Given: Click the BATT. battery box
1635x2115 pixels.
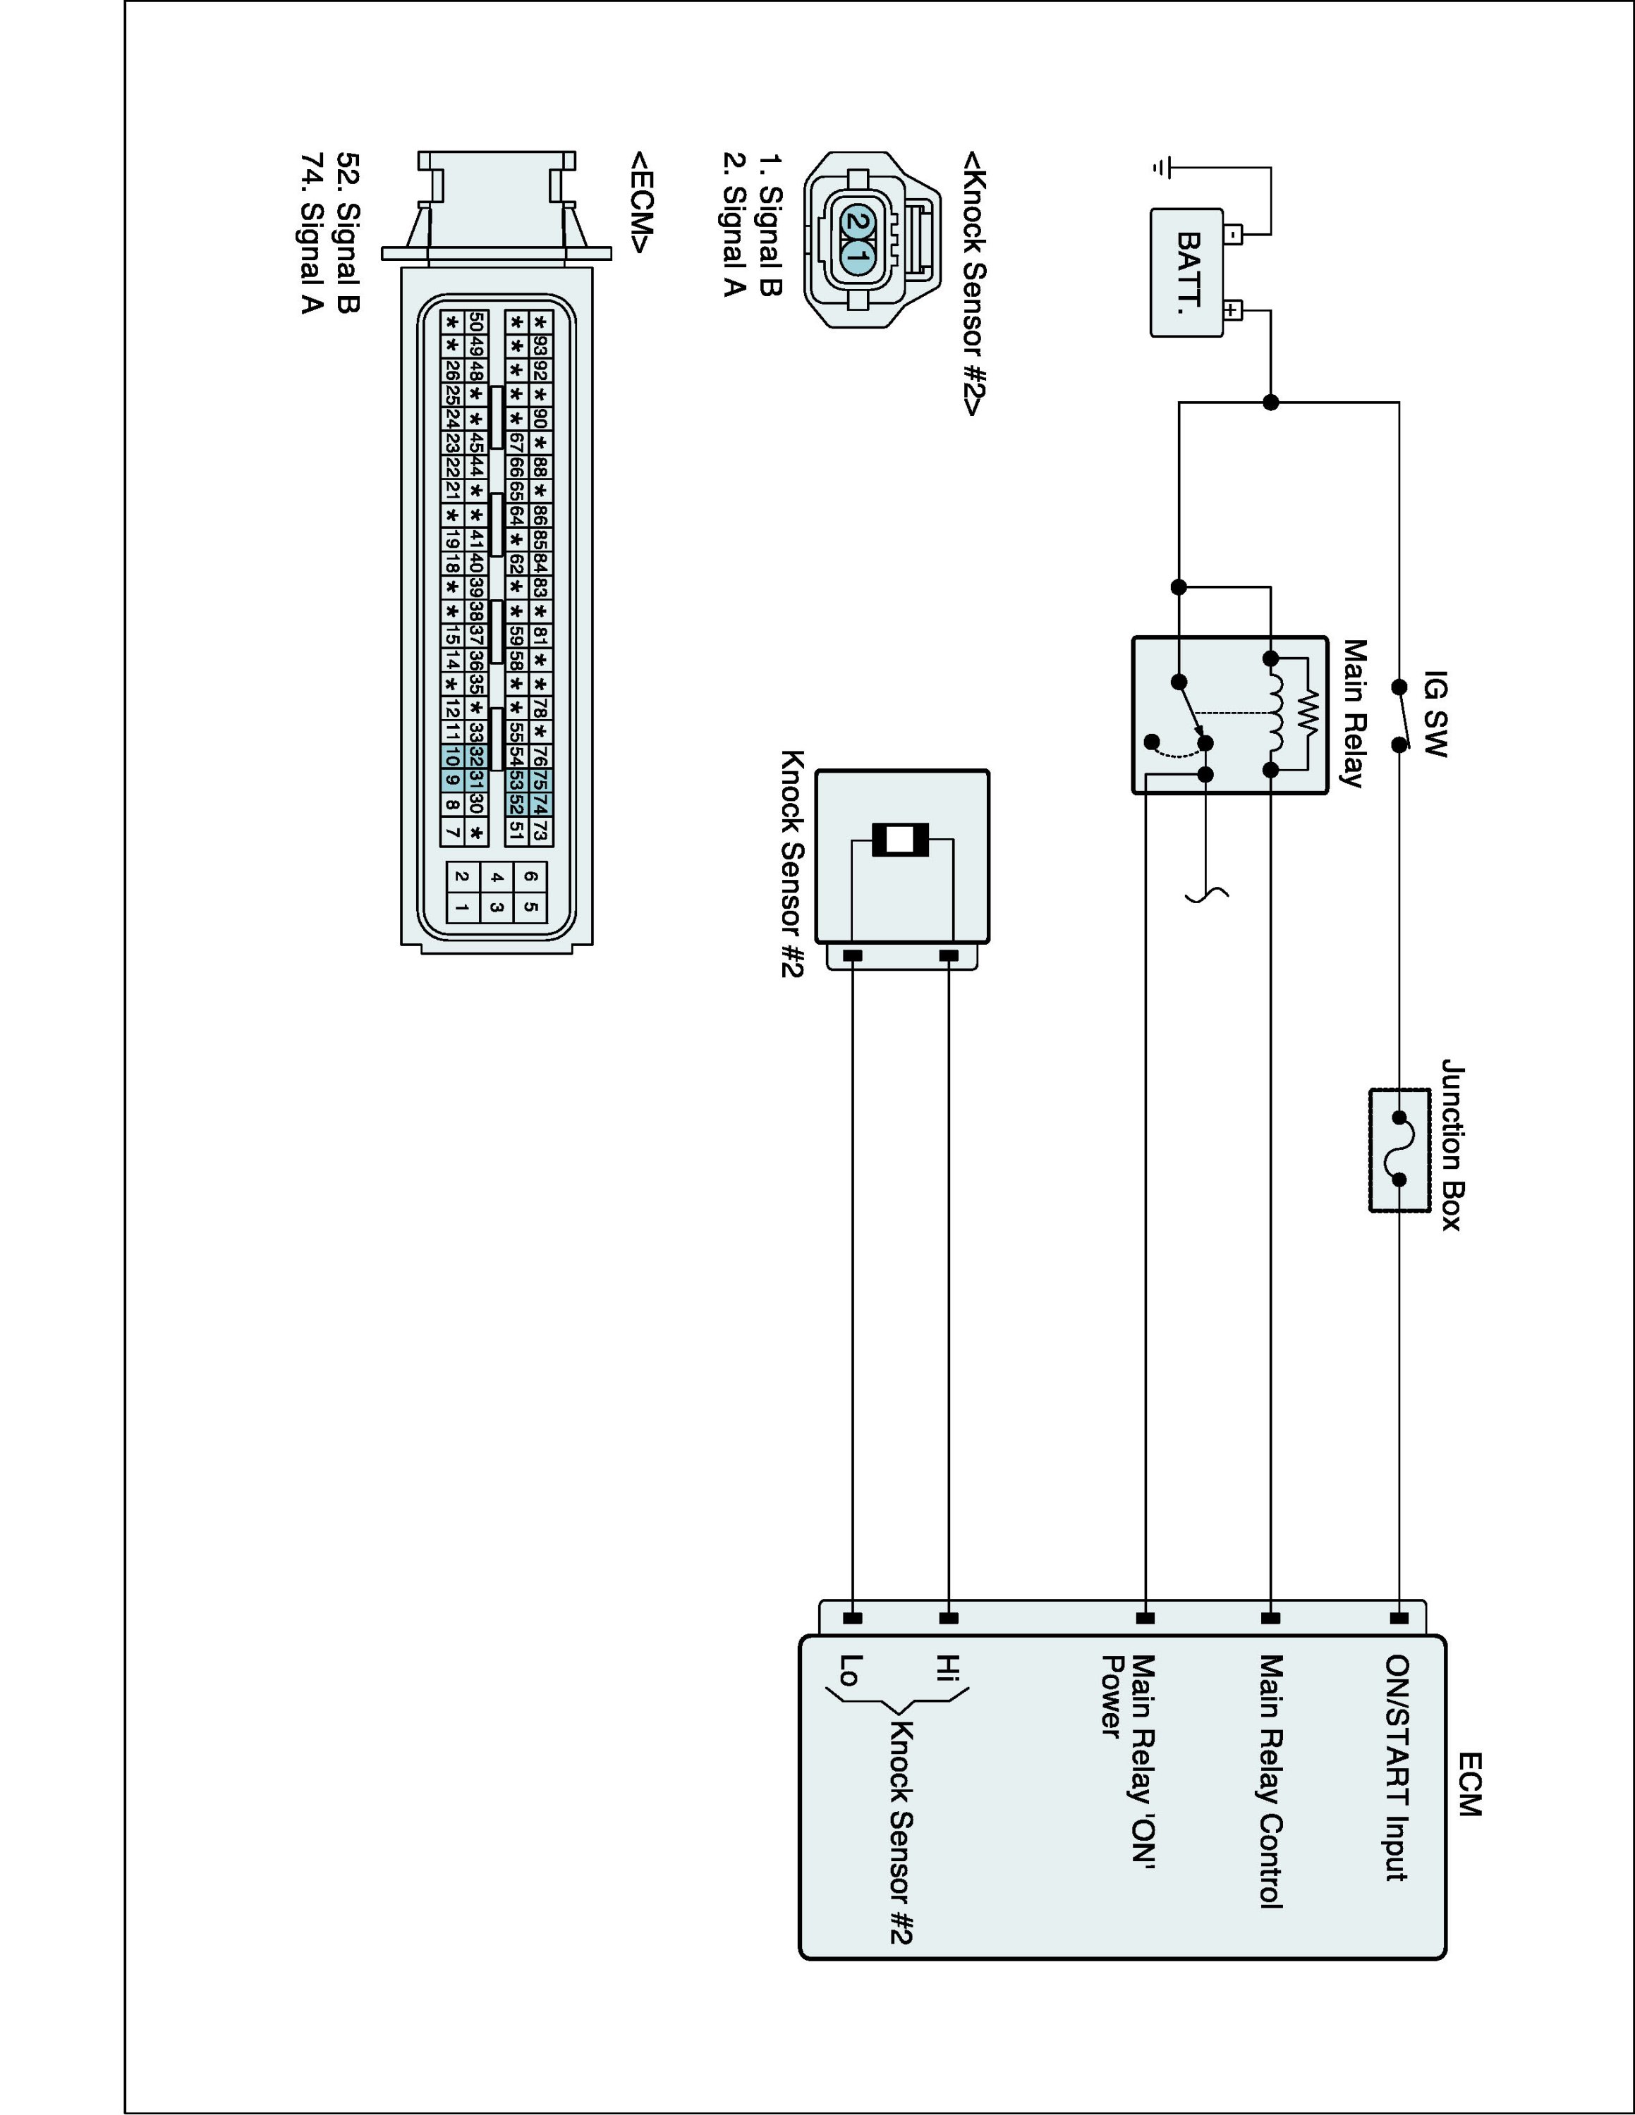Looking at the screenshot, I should pos(1186,273).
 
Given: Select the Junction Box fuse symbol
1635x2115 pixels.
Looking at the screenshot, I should pos(1399,1149).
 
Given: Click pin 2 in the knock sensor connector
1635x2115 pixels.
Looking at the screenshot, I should pos(856,222).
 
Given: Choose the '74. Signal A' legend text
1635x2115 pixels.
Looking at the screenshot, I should pos(311,233).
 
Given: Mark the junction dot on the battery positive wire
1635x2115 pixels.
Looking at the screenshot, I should pos(1271,402).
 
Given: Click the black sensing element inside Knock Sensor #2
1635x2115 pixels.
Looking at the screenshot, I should pos(901,840).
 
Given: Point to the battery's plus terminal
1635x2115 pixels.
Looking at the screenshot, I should pos(1232,311).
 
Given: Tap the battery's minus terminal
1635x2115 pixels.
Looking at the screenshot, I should pos(1232,233).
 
